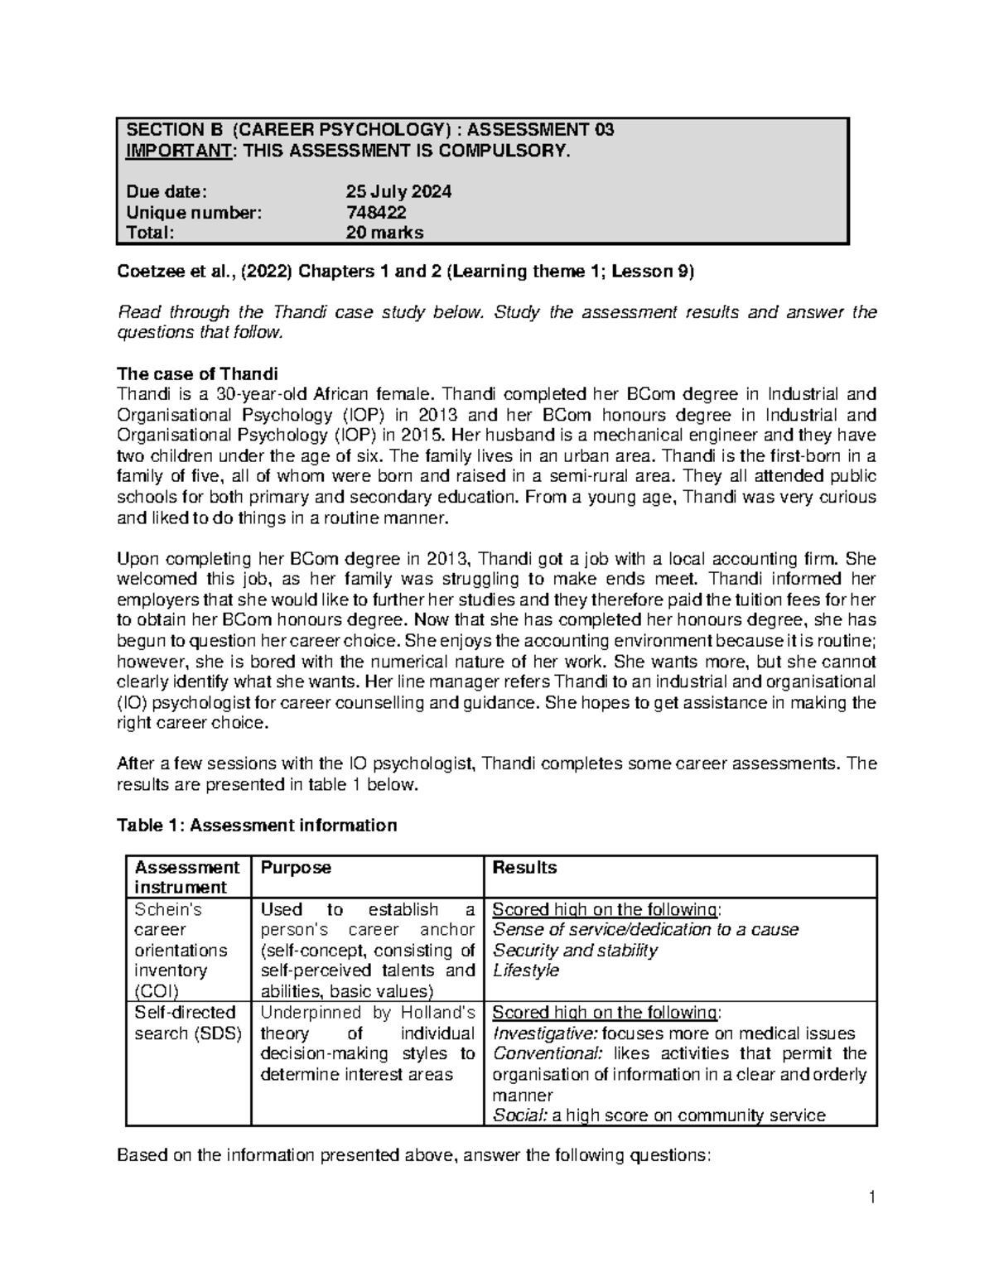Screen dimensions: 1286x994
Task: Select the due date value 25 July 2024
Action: tap(398, 192)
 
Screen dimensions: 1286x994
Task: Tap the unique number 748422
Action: tap(376, 213)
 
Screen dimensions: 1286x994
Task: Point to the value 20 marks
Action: tap(384, 233)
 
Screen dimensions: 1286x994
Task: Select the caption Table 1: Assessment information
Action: tap(257, 826)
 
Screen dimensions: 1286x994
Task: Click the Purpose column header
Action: tap(296, 868)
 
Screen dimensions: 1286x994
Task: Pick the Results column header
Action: tap(524, 868)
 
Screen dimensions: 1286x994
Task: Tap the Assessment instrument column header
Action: tap(186, 878)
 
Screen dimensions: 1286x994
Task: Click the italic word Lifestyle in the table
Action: tap(526, 971)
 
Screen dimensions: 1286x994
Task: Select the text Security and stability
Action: tap(575, 950)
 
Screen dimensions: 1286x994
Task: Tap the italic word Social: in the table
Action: tap(519, 1115)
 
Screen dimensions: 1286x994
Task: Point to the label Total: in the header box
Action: tap(150, 233)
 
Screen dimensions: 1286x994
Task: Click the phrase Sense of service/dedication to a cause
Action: tap(645, 930)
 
